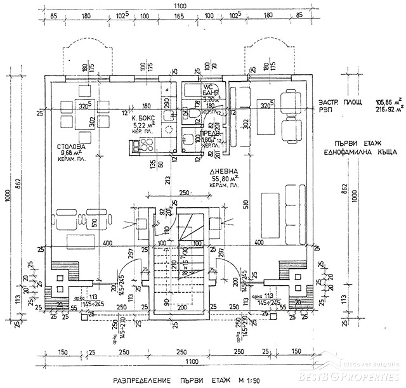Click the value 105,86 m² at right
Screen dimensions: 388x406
pos(388,102)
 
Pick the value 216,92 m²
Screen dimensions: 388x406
pos(388,109)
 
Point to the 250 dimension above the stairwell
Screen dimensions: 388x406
pos(184,193)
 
